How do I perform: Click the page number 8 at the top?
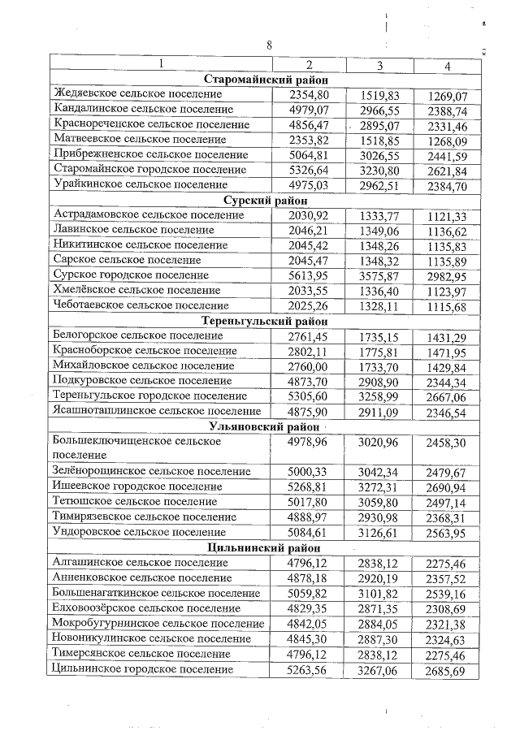click(269, 45)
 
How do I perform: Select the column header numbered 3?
click(379, 65)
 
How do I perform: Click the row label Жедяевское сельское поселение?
click(138, 95)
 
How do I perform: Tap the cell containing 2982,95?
click(453, 275)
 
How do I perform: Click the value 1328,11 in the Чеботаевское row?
click(379, 305)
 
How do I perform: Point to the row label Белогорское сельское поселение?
click(137, 335)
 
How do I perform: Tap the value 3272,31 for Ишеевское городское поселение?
click(379, 487)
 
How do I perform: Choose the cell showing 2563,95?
click(453, 533)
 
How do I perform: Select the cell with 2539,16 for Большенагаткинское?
click(453, 593)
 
